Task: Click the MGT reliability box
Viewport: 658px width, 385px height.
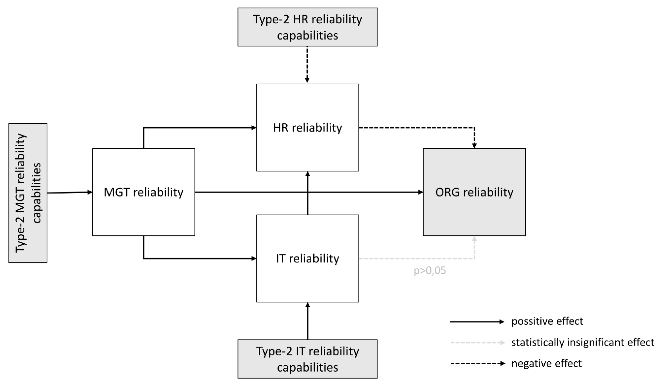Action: (143, 192)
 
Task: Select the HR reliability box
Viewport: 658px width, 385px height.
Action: (307, 128)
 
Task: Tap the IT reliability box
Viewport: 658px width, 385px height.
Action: (307, 258)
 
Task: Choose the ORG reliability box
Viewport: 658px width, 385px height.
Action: (474, 192)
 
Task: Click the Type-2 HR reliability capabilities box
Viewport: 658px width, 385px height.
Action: (307, 27)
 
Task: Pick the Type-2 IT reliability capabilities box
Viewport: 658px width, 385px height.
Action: (307, 359)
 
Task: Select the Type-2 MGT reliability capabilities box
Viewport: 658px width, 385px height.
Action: (28, 193)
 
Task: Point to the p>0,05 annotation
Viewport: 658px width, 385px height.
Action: (430, 271)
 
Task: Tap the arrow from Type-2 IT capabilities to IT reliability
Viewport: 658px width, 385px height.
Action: (308, 321)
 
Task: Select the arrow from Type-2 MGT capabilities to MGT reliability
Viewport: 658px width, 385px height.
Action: (70, 193)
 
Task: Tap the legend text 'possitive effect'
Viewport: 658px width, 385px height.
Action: (547, 321)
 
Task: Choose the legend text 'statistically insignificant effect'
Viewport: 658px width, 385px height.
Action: (583, 342)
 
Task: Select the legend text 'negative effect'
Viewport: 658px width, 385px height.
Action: (547, 363)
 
